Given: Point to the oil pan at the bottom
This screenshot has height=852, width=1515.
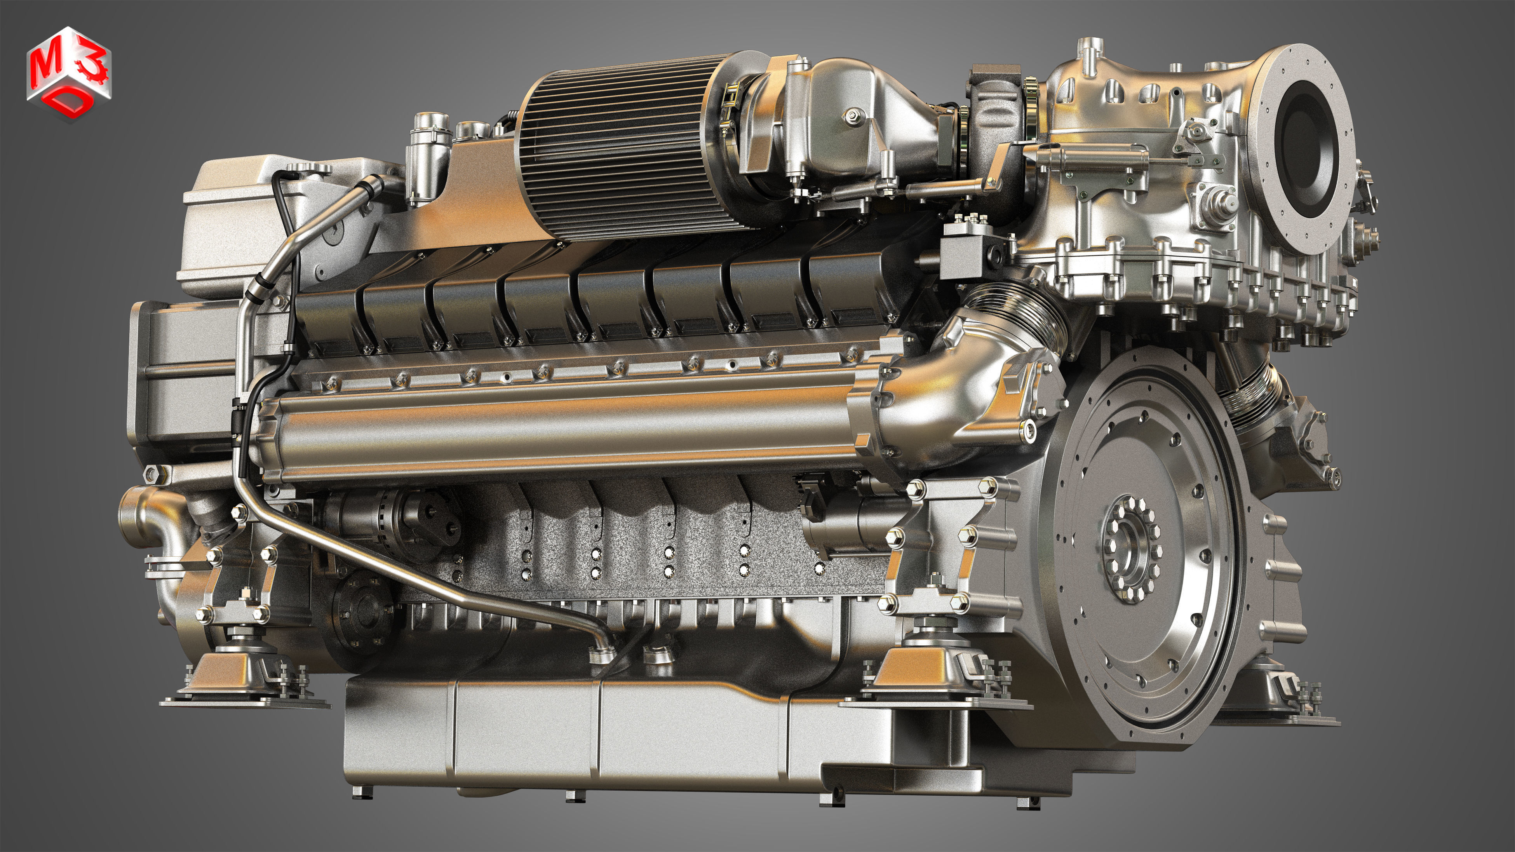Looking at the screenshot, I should tap(588, 741).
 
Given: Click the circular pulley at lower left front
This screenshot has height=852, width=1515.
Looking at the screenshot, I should tap(362, 606).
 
